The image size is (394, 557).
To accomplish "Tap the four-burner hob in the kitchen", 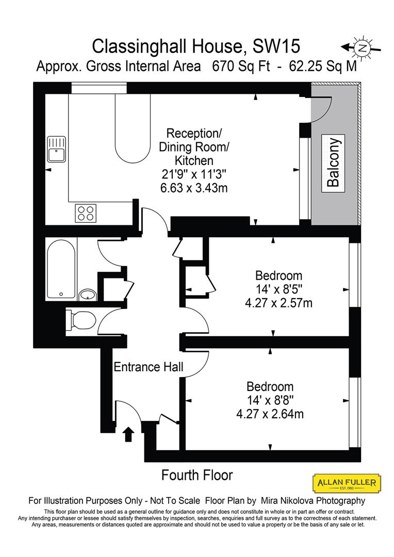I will (x=86, y=214).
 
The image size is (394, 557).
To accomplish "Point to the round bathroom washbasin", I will (x=88, y=295).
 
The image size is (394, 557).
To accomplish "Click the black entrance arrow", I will (x=128, y=434).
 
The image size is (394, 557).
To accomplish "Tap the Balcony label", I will (x=334, y=162).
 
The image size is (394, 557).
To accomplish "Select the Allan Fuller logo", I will (x=347, y=483).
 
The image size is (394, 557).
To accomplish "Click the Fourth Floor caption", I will (x=197, y=475).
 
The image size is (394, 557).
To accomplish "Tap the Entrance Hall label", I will (x=149, y=367).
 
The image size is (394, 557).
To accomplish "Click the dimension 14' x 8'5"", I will (x=279, y=289).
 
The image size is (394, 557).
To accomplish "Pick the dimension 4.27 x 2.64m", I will (x=270, y=414).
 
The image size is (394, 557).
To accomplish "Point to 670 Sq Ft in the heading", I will (x=232, y=67).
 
